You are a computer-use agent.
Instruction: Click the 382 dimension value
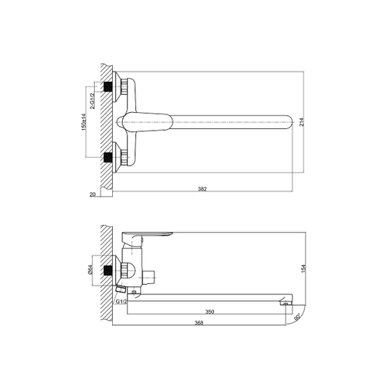click(202, 189)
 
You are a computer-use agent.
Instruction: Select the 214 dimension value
click(301, 122)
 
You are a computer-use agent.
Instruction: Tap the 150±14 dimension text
click(83, 122)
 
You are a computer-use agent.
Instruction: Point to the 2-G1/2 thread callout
click(93, 101)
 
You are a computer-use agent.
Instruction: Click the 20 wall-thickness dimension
click(93, 194)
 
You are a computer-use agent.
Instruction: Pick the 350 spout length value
click(209, 312)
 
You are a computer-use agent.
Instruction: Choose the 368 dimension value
click(199, 323)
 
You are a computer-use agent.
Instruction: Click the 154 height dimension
click(304, 268)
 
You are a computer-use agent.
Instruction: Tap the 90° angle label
click(297, 315)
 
